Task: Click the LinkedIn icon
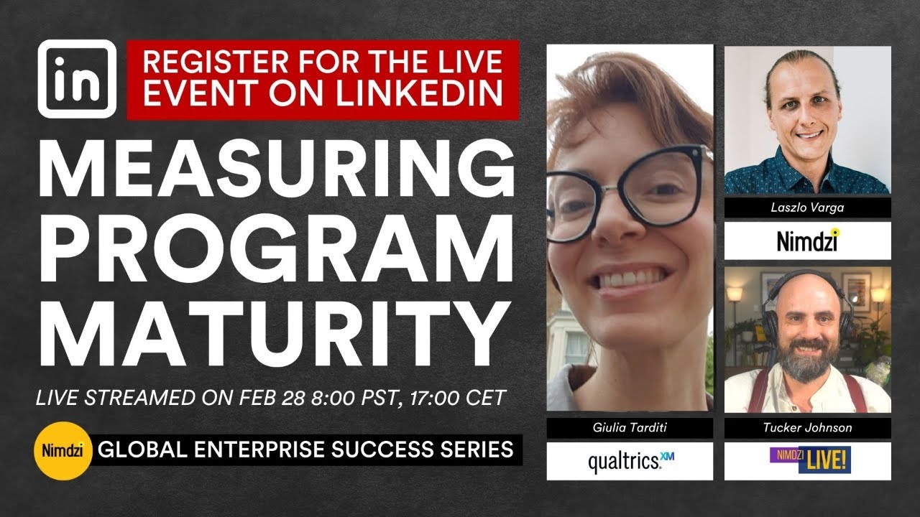coord(77,79)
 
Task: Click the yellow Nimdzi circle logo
coord(62,451)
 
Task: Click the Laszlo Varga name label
coord(807,208)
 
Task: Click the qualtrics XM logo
coord(630,461)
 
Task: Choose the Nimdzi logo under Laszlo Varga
coord(807,241)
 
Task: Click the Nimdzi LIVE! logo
coord(807,460)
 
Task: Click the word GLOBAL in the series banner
coord(133,450)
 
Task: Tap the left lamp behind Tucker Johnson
coord(734,294)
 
